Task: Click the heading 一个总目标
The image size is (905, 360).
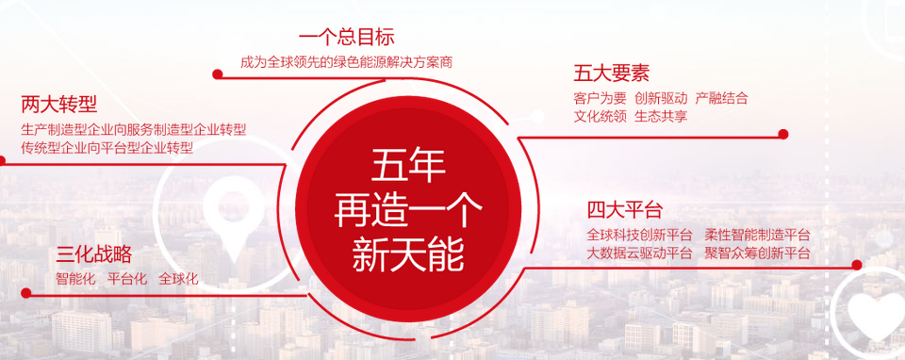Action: [346, 38]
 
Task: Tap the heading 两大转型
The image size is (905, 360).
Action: [58, 105]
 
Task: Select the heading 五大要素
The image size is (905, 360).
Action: [612, 74]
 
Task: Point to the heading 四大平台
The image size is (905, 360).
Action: [624, 209]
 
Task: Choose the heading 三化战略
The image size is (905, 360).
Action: [94, 254]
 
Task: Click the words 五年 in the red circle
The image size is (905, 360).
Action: [408, 166]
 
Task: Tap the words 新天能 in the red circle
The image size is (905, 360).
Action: [408, 255]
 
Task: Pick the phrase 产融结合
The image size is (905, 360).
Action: [721, 98]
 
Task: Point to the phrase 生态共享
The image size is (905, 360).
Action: [661, 116]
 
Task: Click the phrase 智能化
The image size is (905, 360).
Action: [75, 279]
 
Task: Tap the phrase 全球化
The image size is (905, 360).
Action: [178, 279]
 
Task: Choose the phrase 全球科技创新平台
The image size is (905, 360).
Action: [639, 235]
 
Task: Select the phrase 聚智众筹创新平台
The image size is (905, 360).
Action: [758, 253]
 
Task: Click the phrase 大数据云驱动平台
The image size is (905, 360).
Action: [639, 253]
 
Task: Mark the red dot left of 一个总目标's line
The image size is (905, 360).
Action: [218, 74]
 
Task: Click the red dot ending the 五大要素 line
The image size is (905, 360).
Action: [783, 135]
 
